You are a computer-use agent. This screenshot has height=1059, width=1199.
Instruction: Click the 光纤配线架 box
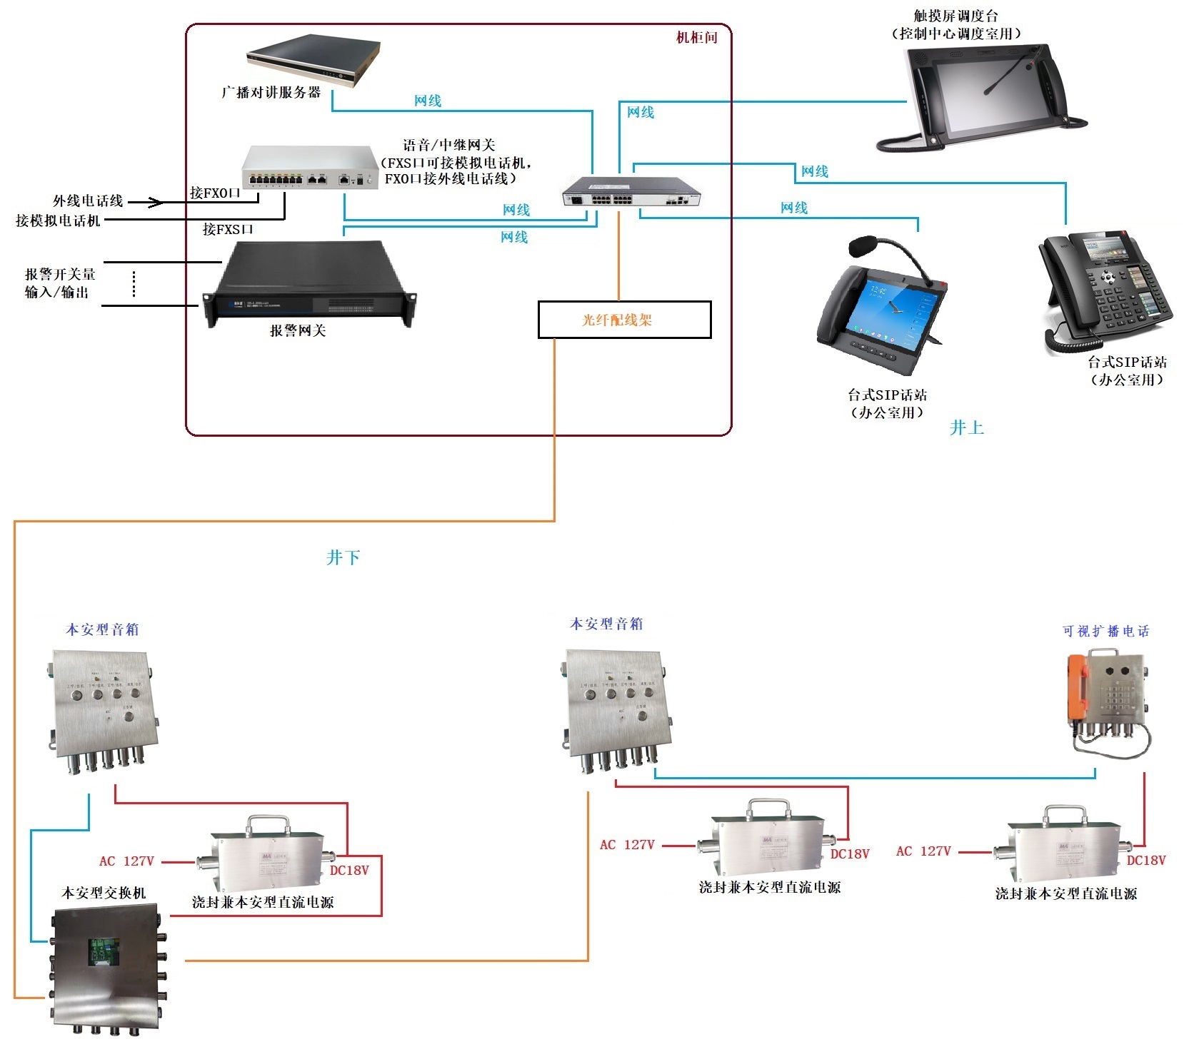[x=624, y=320]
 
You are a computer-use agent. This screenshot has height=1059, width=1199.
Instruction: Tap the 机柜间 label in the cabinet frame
[x=696, y=38]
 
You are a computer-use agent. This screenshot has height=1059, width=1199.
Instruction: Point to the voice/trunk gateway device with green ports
[x=310, y=168]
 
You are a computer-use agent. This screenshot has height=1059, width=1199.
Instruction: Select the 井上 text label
[x=967, y=428]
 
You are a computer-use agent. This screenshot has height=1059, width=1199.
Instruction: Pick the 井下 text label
[x=343, y=557]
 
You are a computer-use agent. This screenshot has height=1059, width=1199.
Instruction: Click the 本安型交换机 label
[x=104, y=893]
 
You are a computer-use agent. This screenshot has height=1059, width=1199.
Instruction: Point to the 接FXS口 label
[x=228, y=229]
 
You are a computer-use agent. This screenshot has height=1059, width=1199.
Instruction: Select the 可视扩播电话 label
[x=1105, y=631]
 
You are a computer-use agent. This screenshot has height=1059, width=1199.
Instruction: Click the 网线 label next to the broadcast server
[x=428, y=101]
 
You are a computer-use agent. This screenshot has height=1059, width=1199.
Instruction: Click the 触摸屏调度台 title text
[x=956, y=16]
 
